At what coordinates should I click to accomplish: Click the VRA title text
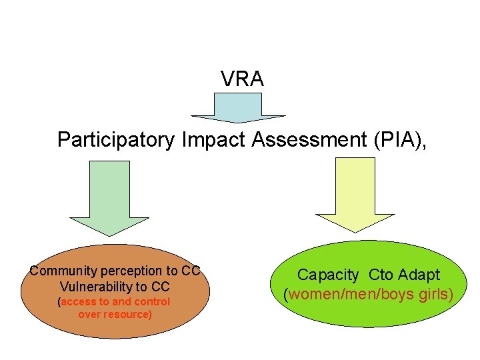click(x=243, y=79)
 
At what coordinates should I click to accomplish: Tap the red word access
click(x=79, y=302)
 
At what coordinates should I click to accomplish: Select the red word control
click(x=153, y=302)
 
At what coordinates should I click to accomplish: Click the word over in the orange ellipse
click(x=89, y=314)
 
